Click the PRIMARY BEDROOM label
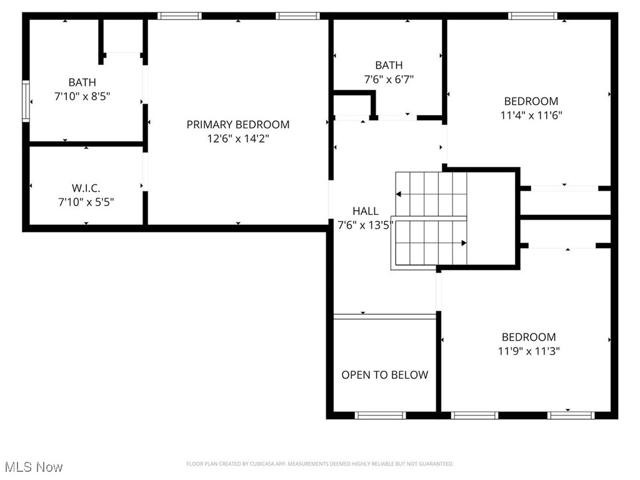238,124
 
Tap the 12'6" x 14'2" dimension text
238,139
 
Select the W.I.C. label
86,187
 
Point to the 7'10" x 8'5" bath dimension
82,96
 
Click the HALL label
365,211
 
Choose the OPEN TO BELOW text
384,375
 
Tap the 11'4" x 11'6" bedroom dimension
531,115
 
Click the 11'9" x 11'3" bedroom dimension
529,351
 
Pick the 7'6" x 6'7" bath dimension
389,79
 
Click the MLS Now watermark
33,467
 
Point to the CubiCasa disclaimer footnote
319,464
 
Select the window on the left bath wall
26,100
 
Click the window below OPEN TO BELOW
381,415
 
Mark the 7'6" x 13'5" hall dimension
365,226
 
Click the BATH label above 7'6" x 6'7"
389,65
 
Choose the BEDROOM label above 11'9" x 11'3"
529,337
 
